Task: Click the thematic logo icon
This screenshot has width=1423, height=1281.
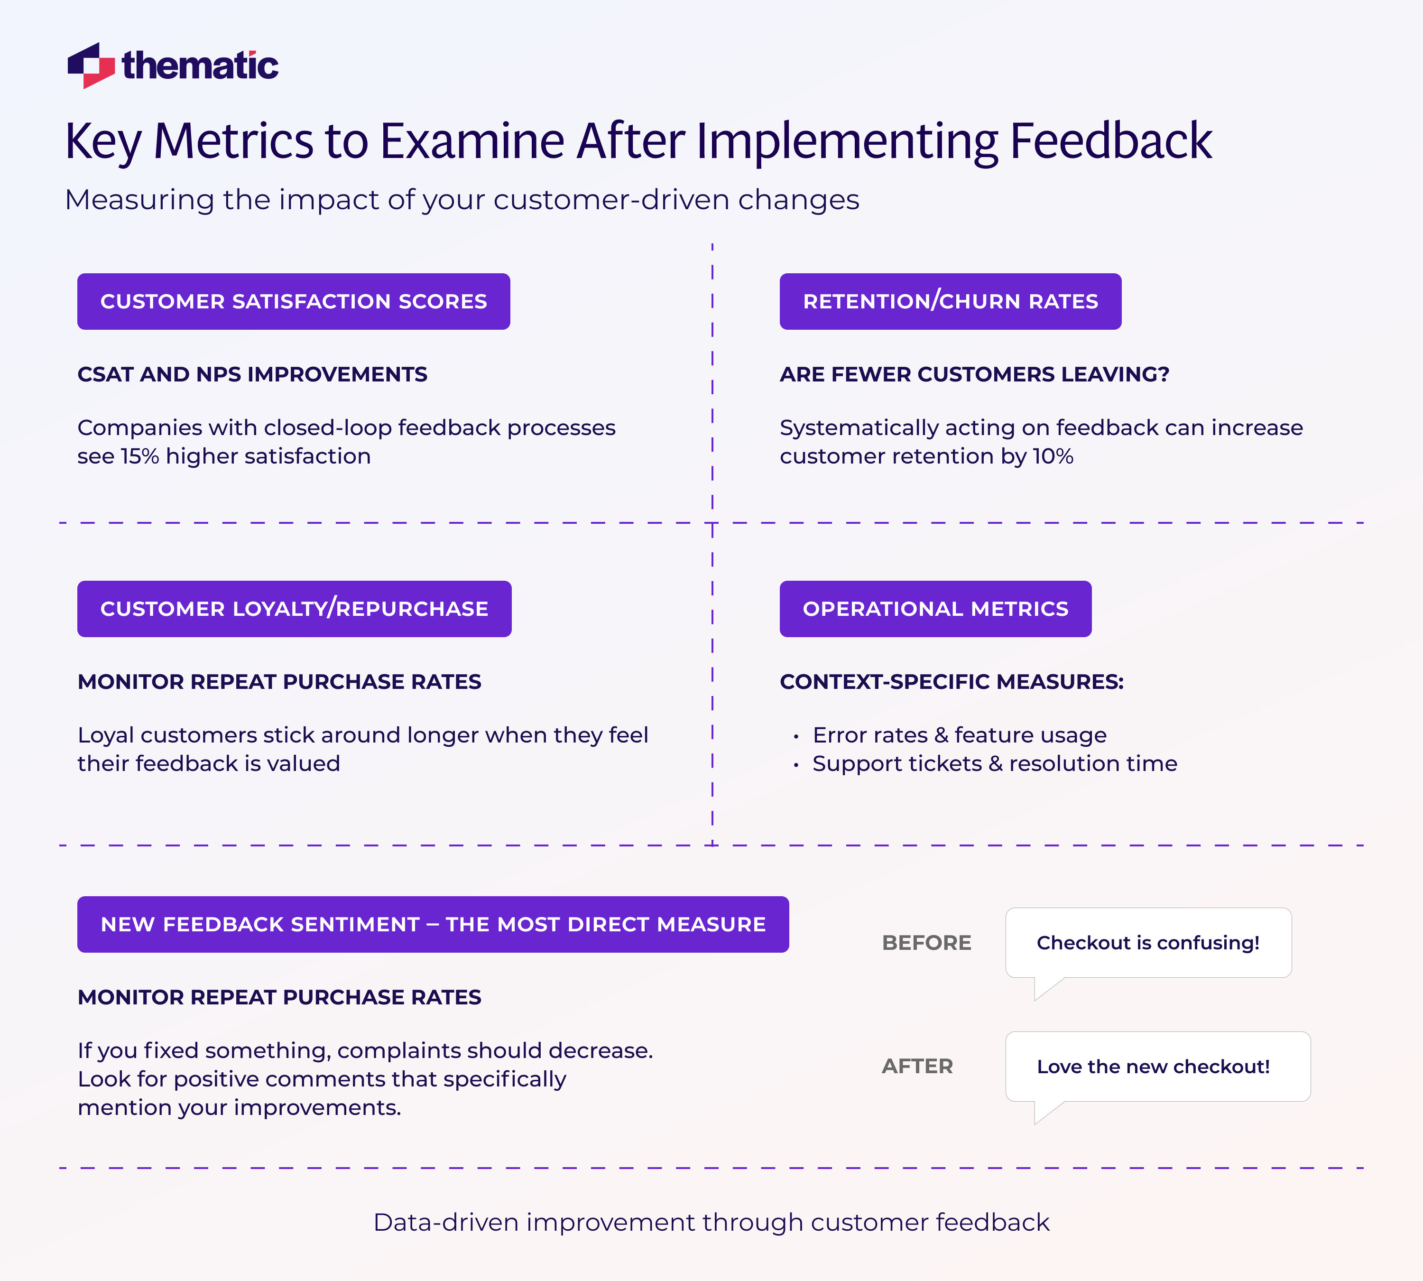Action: (x=91, y=65)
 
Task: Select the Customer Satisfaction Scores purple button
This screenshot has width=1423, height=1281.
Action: (x=294, y=301)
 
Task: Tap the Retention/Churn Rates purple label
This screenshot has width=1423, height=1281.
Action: (x=950, y=301)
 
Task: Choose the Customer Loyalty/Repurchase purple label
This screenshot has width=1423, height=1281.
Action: (x=294, y=609)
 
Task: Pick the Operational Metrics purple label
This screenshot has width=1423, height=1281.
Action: (x=935, y=609)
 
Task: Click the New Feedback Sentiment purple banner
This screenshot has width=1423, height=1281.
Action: (x=433, y=924)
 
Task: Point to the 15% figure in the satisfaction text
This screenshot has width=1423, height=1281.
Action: (x=139, y=456)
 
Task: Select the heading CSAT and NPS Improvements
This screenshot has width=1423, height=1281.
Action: (x=252, y=374)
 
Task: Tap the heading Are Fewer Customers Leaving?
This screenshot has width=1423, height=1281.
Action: (x=974, y=374)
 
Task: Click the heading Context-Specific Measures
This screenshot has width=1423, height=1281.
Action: (x=952, y=681)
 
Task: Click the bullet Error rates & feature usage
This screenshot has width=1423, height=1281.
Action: (x=959, y=735)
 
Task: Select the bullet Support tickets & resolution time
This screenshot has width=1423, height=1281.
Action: (x=994, y=764)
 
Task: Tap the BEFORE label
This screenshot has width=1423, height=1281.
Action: (x=926, y=942)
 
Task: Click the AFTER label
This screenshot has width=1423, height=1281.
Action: (x=917, y=1067)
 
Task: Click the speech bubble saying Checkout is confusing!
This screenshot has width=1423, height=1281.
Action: (x=1148, y=942)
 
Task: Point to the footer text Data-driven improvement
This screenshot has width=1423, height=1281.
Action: (x=711, y=1223)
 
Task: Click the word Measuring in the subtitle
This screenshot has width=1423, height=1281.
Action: (x=139, y=200)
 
